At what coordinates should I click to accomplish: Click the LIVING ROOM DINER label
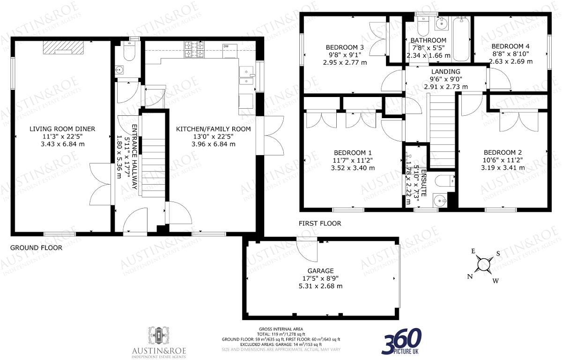coord(62,129)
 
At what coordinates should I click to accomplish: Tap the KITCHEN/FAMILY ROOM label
coord(213,129)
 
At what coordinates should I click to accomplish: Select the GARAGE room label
coord(320,271)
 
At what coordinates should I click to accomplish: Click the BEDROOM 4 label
coord(510,46)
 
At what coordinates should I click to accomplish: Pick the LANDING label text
coord(445,71)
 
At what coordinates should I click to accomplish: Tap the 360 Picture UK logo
coord(402,341)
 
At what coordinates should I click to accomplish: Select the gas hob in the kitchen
coord(194,50)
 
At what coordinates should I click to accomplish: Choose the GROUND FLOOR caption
coord(36,248)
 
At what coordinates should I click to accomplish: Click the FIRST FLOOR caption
coord(320,224)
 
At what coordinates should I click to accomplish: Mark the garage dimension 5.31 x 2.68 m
coord(320,286)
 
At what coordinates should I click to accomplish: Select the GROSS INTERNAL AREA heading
coord(280,329)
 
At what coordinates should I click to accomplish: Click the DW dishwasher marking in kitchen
coord(226,46)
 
